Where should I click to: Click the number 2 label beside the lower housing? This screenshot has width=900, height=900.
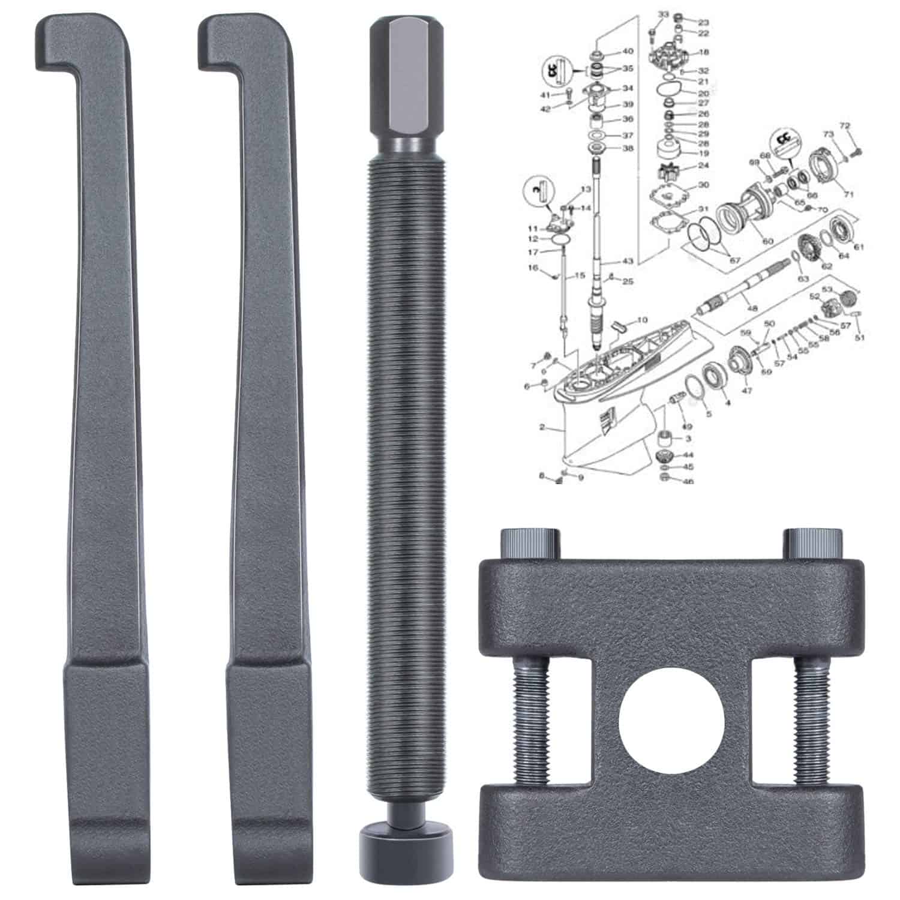(x=542, y=428)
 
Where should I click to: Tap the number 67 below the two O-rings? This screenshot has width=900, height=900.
(x=735, y=260)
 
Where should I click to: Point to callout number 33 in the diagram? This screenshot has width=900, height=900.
(x=662, y=13)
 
